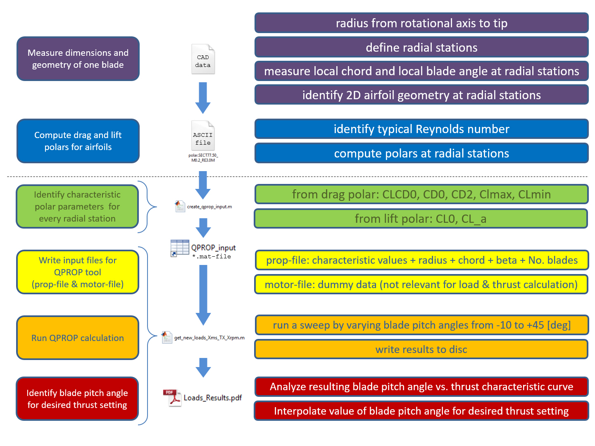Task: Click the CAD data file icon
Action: [203, 59]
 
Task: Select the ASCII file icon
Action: [203, 136]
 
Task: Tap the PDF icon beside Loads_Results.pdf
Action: [172, 398]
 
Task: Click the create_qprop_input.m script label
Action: [209, 207]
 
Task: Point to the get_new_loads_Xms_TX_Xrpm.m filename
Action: [209, 338]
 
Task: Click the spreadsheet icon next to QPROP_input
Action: [179, 248]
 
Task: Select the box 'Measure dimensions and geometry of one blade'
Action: [78, 59]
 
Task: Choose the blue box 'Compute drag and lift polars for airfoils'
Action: [78, 141]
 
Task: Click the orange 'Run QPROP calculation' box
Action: [78, 338]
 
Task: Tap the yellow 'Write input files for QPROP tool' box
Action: [78, 272]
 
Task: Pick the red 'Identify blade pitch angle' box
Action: [77, 398]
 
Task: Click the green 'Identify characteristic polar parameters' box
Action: [77, 206]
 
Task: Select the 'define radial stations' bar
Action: [421, 47]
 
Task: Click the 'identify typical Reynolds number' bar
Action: [421, 129]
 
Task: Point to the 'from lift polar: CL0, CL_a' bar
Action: [421, 219]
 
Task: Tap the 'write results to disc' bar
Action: [421, 349]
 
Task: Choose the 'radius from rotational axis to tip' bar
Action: [421, 23]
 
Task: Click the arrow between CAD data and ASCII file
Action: [203, 98]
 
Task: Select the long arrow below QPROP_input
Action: [203, 295]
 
